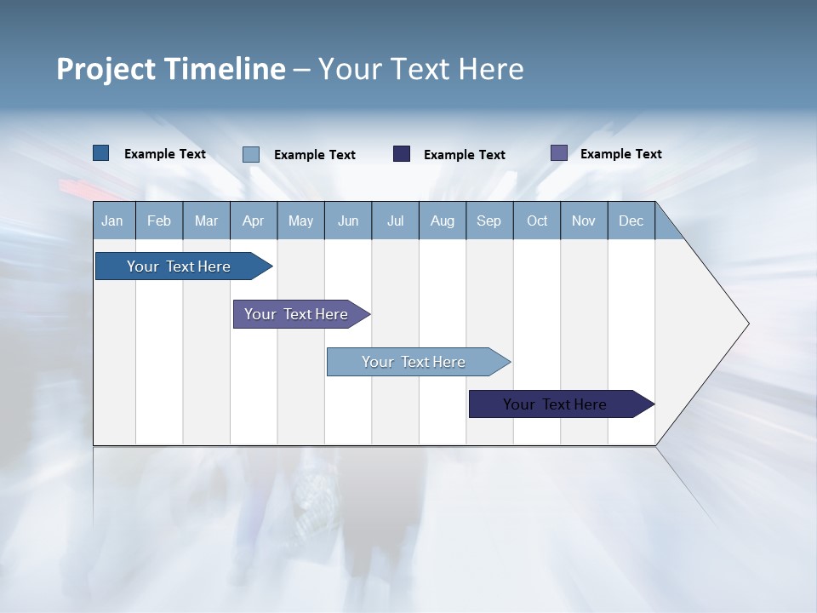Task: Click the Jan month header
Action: pyautogui.click(x=112, y=221)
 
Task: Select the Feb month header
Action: pyautogui.click(x=159, y=221)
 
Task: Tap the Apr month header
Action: pyautogui.click(x=253, y=221)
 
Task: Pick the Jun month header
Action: pyautogui.click(x=348, y=221)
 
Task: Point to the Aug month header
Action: pyautogui.click(x=442, y=221)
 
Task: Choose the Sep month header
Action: pyautogui.click(x=488, y=221)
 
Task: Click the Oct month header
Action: pyautogui.click(x=537, y=221)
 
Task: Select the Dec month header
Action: pyautogui.click(x=631, y=221)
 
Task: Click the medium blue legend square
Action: pyautogui.click(x=101, y=153)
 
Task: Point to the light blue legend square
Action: pyautogui.click(x=251, y=154)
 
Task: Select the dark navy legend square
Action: pyautogui.click(x=402, y=154)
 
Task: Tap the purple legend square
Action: pyautogui.click(x=559, y=153)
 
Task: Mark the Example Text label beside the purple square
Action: pyautogui.click(x=620, y=154)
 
